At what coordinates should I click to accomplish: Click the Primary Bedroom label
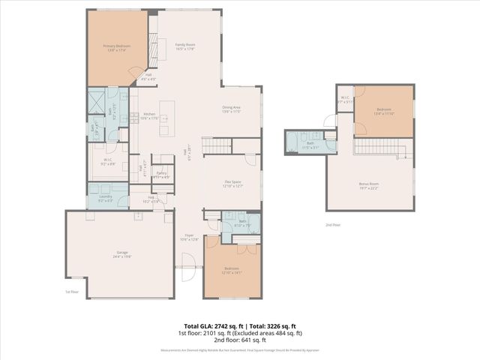click(x=117, y=47)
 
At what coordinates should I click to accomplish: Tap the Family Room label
click(x=185, y=47)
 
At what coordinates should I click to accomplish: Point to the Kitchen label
click(x=148, y=115)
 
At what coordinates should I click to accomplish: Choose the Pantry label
click(x=161, y=175)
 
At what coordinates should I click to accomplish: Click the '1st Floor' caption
click(x=72, y=291)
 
